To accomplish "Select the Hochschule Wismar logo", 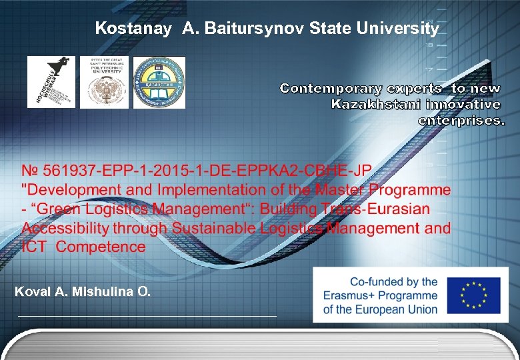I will click(x=51, y=82).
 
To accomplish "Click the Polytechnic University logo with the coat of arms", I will click(x=105, y=82).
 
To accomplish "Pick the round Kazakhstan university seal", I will click(x=159, y=82).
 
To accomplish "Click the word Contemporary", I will click(x=331, y=89).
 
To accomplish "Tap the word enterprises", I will click(x=461, y=121).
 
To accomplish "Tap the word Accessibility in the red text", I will click(x=65, y=228).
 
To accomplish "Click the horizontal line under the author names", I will click(x=147, y=315).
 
